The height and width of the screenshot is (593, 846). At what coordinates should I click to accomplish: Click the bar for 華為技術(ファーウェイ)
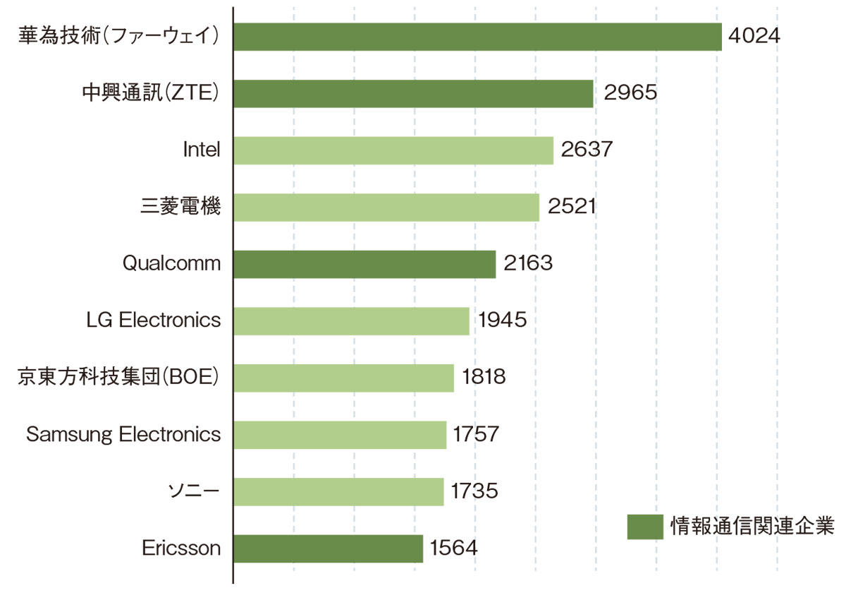pos(477,37)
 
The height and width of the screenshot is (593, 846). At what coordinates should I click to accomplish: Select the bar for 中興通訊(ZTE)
pos(413,93)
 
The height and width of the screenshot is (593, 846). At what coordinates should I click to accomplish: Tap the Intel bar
pos(393,150)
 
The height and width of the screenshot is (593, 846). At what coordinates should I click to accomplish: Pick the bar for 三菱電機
pos(386,208)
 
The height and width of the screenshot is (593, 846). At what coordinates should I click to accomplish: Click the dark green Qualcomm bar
pos(364,264)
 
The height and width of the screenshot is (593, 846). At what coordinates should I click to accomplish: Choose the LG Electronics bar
pos(351,321)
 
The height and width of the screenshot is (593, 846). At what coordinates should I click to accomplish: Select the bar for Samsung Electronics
pos(340,435)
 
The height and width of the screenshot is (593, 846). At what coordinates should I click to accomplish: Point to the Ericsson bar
pos(328,549)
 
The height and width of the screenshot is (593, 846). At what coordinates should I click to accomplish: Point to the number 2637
pos(587,150)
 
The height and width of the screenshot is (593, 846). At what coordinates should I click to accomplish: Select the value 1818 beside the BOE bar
pos(484,378)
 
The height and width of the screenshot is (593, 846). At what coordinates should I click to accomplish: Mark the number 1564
pos(454,549)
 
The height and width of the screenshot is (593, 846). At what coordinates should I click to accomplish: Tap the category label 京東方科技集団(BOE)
pos(118,378)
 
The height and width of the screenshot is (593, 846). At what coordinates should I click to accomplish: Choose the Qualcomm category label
pos(171,264)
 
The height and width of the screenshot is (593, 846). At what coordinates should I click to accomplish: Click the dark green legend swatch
pos(644,527)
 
